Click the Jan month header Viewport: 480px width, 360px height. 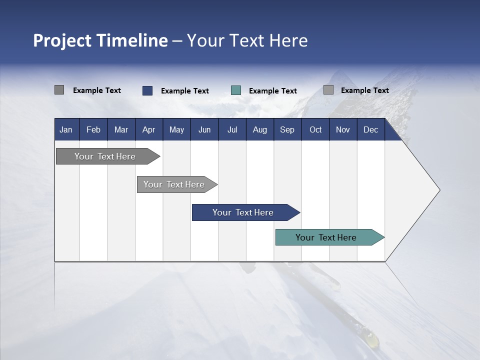[x=66, y=129]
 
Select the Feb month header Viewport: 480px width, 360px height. [x=93, y=129]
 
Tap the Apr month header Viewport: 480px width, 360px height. [x=148, y=129]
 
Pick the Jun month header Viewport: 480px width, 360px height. [x=204, y=129]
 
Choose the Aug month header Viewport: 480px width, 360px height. [x=259, y=129]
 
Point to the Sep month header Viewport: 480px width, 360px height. [x=287, y=129]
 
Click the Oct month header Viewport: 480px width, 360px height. [x=315, y=129]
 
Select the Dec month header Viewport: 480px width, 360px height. [x=370, y=129]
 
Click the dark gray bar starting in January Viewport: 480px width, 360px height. [x=105, y=156]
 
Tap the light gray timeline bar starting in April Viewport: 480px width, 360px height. [x=174, y=184]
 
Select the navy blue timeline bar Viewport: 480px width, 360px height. [x=243, y=212]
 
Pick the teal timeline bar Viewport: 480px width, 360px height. [x=326, y=237]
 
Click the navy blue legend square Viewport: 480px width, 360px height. [x=147, y=90]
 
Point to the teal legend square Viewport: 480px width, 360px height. [x=236, y=90]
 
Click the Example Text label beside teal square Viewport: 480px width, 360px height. [x=273, y=91]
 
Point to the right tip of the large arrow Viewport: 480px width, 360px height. [x=439, y=190]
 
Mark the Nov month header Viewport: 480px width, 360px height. [x=342, y=129]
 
